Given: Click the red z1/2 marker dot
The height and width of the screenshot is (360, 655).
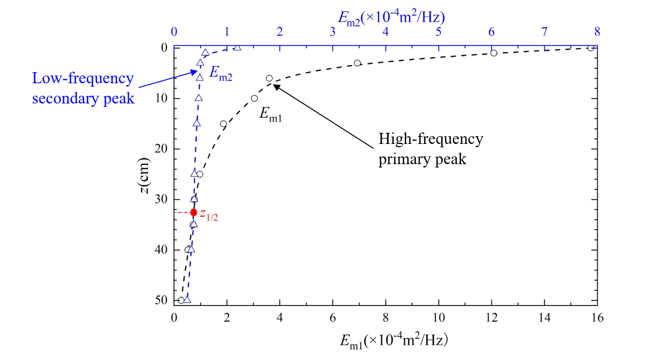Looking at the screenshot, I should click(193, 212).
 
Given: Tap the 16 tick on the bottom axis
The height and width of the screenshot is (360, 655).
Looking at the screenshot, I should click(597, 318).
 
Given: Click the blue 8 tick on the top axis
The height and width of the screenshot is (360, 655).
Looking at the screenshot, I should click(597, 32).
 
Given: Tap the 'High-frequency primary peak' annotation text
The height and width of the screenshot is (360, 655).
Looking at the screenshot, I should click(430, 149).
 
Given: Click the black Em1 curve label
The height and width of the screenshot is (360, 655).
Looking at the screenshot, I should click(270, 114).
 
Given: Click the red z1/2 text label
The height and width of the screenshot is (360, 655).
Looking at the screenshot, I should click(210, 214).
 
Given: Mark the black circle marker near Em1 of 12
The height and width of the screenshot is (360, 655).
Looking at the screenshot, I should click(493, 53).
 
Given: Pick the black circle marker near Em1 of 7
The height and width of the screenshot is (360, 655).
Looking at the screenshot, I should click(357, 63).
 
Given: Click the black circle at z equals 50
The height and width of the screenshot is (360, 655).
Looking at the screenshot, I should click(181, 300).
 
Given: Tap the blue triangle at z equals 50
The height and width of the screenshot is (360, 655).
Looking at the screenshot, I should click(187, 299).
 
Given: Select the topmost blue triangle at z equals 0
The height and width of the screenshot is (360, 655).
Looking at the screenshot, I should click(237, 47).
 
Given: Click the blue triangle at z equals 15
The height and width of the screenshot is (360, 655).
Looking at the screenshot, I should click(196, 123).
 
